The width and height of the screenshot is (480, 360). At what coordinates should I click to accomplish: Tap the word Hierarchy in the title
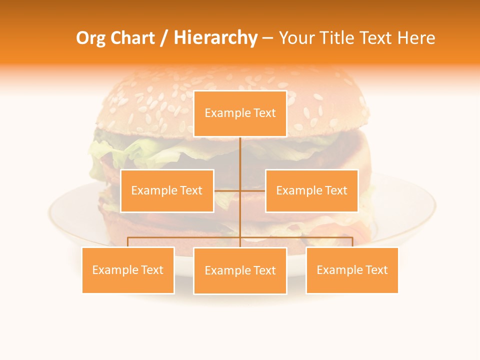[x=215, y=38]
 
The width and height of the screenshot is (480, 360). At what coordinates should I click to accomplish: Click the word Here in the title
[x=416, y=38]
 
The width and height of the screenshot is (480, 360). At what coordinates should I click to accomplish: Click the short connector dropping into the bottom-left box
[x=128, y=242]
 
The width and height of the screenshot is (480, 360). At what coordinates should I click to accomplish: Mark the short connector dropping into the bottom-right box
[x=352, y=242]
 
